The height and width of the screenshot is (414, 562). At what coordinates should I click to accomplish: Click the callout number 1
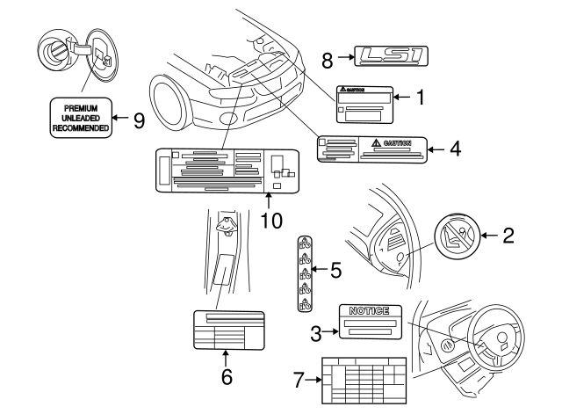click(420, 98)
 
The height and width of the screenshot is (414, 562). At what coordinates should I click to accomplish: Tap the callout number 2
click(507, 235)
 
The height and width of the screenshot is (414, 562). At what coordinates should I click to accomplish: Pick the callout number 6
click(226, 377)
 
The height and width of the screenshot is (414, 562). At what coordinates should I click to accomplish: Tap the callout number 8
click(327, 60)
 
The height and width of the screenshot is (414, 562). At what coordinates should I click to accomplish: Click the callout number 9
click(138, 120)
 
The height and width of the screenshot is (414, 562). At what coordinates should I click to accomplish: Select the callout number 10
click(269, 218)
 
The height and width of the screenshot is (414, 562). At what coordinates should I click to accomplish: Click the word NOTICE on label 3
click(370, 311)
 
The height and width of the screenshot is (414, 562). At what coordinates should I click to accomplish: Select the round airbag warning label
click(457, 239)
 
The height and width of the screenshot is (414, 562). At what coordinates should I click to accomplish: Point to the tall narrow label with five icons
click(304, 273)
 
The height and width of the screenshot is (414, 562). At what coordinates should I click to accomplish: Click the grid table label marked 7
click(364, 379)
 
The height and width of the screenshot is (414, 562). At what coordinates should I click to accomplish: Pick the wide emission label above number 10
click(227, 170)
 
